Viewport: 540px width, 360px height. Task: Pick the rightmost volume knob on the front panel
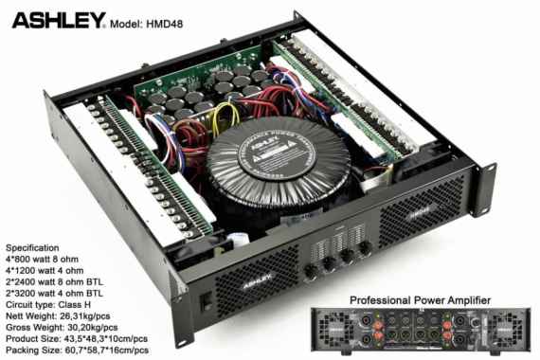pyautogui.click(x=365, y=252)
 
